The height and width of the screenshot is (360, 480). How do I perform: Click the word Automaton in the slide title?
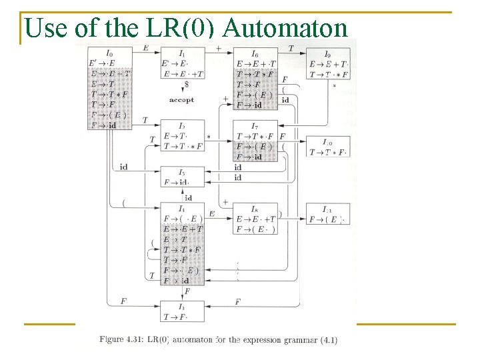point(286,28)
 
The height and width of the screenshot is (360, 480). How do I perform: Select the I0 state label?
point(109,53)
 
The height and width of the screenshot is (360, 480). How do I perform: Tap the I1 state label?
point(182,53)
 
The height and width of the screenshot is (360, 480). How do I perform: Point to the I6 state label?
point(255,53)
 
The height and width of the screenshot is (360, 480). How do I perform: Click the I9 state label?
point(327,53)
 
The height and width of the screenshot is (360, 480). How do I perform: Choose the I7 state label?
point(255,126)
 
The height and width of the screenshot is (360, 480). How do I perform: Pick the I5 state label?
point(181,172)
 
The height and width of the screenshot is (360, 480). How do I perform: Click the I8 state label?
point(255,209)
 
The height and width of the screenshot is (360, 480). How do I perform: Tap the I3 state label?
point(181,306)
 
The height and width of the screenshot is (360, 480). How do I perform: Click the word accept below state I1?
point(181,100)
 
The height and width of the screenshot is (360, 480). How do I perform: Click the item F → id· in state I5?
point(177,182)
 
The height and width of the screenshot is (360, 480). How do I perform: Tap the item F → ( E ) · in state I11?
point(327,219)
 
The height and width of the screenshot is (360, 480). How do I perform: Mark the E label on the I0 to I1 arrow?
point(146,48)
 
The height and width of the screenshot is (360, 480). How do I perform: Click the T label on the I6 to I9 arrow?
point(291,48)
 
